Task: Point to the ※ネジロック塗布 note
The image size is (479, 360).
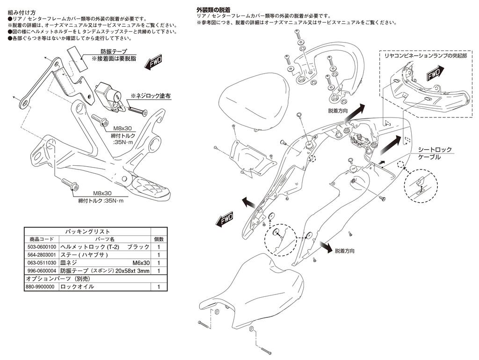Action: pos(150,96)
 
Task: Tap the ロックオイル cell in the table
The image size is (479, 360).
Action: pos(77,287)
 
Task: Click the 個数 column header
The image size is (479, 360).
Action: pos(159,239)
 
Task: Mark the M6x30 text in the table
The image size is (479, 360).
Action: pos(141,263)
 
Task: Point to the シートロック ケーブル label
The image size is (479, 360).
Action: pos(435,154)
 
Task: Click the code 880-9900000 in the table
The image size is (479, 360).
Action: pos(41,287)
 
